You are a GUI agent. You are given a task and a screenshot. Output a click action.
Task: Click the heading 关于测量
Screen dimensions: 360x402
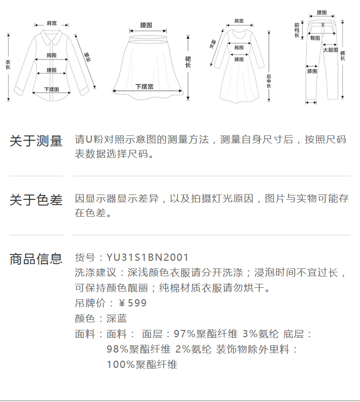[36, 141]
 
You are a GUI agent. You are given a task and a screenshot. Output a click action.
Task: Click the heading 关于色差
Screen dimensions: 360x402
[36, 200]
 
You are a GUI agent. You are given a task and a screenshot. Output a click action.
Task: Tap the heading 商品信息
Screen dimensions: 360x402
[36, 259]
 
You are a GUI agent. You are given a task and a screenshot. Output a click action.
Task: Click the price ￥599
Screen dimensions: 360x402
[132, 304]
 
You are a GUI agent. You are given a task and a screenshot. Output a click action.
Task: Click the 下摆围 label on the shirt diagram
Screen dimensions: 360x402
[51, 89]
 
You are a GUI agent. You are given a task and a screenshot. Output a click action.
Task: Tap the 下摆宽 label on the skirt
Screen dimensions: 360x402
[144, 87]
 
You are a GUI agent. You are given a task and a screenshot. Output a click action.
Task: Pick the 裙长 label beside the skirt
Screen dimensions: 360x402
[188, 61]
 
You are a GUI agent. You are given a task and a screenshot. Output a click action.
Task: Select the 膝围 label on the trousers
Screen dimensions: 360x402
[312, 72]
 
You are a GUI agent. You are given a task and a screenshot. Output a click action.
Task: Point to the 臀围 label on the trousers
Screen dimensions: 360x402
[315, 37]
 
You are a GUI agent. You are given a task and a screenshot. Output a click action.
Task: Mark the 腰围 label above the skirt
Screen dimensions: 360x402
[146, 25]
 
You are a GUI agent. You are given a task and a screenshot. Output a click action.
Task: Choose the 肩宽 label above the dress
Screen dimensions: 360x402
[239, 21]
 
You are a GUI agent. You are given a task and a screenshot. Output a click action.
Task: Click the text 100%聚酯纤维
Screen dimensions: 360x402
[142, 365]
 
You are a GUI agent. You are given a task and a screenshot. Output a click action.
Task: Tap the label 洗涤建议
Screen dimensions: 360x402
[96, 273]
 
